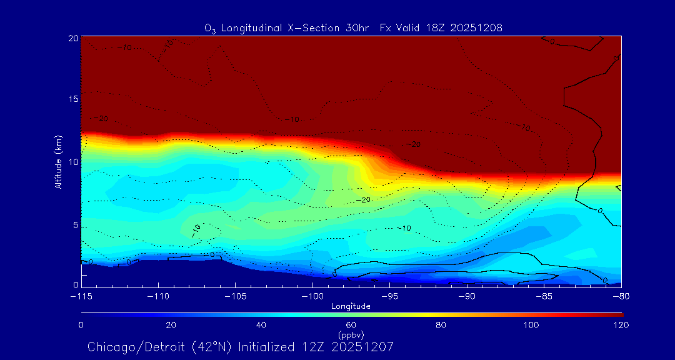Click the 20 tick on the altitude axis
click(73, 39)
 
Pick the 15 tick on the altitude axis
click(73, 99)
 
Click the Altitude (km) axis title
click(59, 162)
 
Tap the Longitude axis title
click(351, 306)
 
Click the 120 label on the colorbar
click(622, 325)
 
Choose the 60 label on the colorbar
click(351, 325)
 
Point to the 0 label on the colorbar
click(81, 325)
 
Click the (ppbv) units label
click(351, 335)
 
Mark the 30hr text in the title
click(359, 27)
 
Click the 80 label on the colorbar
click(441, 325)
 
